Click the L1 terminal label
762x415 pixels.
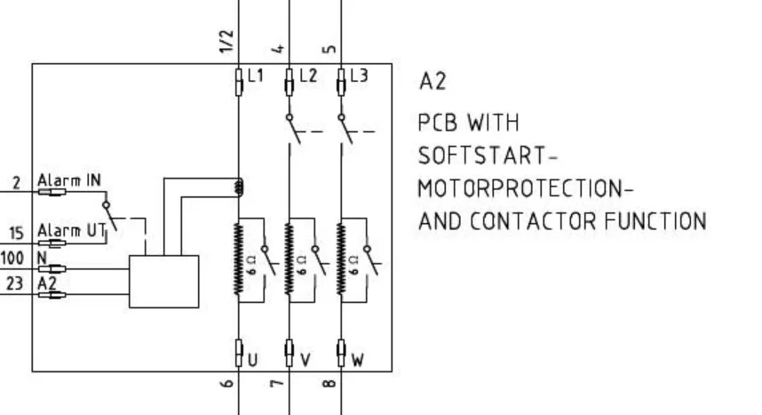[256, 76]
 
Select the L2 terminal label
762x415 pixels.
[308, 76]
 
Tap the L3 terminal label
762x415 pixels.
[359, 76]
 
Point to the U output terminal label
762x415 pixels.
[253, 360]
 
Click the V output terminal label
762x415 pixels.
[306, 360]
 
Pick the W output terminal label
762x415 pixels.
[357, 360]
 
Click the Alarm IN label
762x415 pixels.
[69, 180]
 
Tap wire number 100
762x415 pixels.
[12, 258]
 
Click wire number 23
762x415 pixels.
[14, 283]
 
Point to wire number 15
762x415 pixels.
[16, 233]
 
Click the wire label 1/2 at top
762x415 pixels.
[226, 42]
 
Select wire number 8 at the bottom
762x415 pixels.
[329, 383]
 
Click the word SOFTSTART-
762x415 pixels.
[488, 156]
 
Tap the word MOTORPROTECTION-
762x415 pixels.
[526, 188]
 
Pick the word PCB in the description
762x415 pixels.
[437, 123]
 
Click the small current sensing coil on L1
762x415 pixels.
[239, 188]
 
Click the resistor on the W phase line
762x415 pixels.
[341, 259]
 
